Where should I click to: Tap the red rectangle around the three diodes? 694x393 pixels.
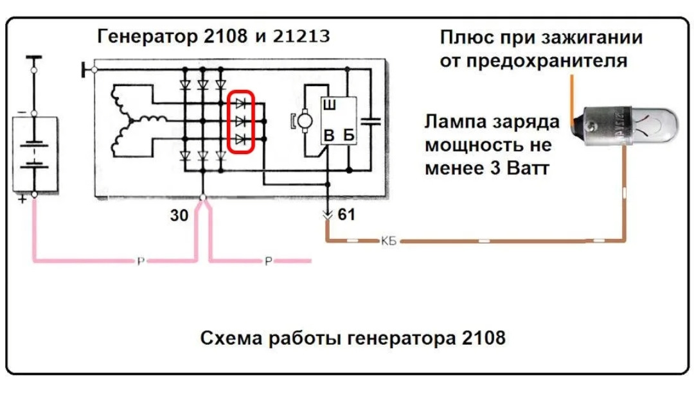(242, 121)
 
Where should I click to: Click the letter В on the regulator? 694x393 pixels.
(328, 136)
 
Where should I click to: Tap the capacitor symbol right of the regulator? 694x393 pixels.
(371, 121)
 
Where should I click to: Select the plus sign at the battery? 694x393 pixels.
(22, 200)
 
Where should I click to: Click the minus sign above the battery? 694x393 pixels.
(22, 112)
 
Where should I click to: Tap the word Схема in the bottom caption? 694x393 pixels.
(229, 337)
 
